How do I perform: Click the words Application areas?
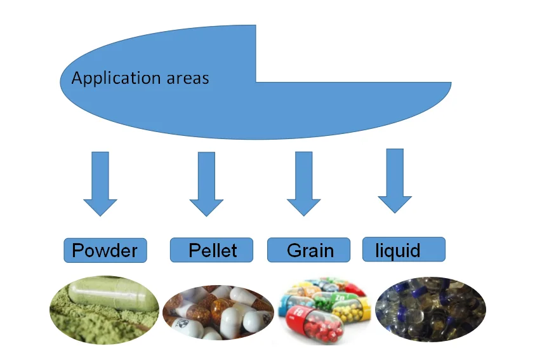coord(140,79)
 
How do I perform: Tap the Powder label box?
coord(105,250)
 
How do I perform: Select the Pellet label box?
coord(211,250)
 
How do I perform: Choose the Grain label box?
coord(309,250)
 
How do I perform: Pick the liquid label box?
coord(404,249)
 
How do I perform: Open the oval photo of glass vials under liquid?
coord(430,309)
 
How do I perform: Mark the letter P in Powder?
coord(79,250)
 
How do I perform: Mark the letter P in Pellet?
coord(195,250)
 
